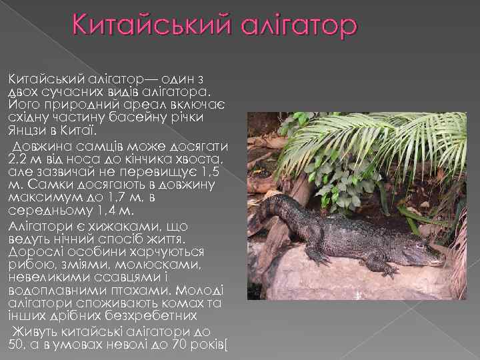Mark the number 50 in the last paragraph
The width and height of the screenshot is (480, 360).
point(15,345)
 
